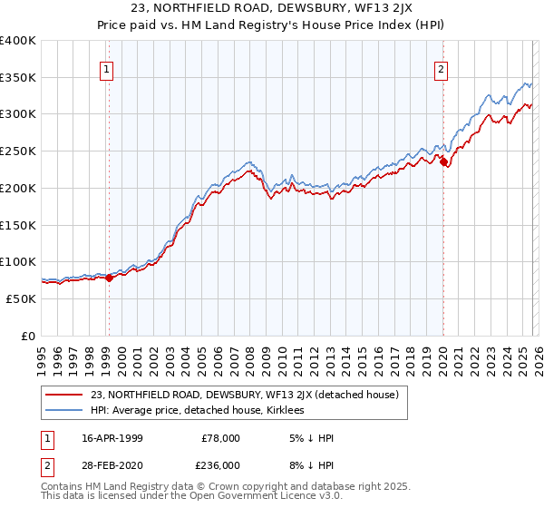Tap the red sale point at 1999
[110, 278]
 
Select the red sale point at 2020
[444, 162]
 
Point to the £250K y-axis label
[18, 151]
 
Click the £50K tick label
[21, 298]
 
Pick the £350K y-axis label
[18, 78]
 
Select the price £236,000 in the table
[220, 464]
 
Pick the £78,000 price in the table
[220, 438]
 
